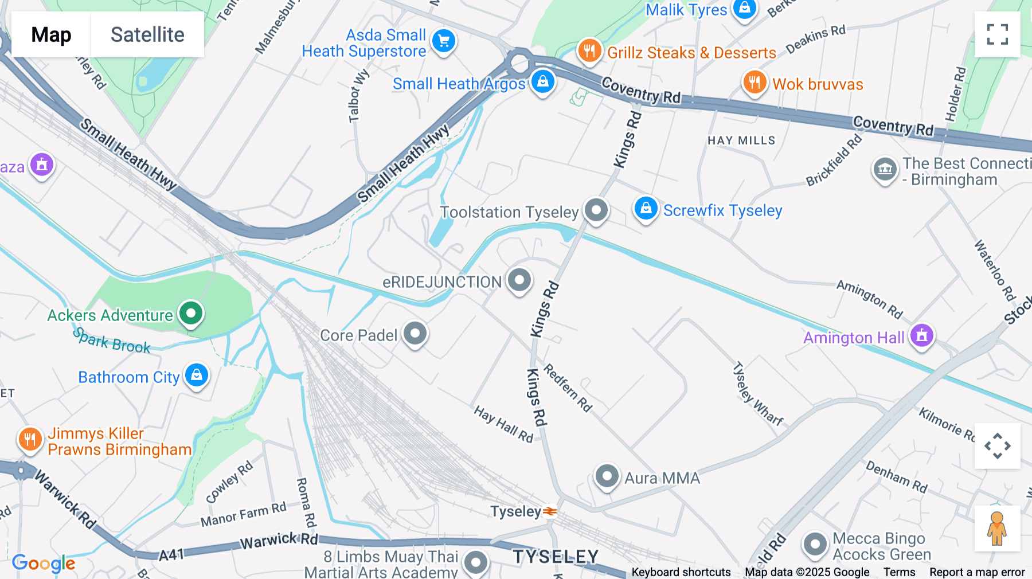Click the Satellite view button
147,34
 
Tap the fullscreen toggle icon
997,34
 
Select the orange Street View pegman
997,529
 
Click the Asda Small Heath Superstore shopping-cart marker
444,41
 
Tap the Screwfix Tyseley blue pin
646,209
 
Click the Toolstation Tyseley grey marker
596,210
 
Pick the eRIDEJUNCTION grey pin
519,281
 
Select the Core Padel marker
415,334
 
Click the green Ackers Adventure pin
191,314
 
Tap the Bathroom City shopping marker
197,375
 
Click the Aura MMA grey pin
607,476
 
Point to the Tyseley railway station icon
550,511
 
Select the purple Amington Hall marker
921,336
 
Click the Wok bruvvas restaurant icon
755,83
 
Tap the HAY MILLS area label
741,140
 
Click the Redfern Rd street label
568,388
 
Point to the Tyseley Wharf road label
758,393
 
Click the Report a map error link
977,572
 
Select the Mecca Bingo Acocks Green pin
815,545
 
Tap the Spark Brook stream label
112,341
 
